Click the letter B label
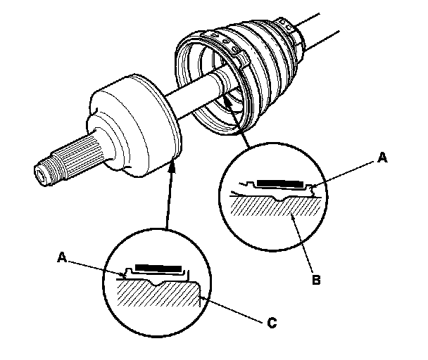point(316,280)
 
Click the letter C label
point(272,323)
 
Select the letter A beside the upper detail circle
point(382,157)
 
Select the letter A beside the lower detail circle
point(62,257)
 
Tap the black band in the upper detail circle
point(280,184)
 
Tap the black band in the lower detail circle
point(158,268)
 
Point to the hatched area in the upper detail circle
point(276,206)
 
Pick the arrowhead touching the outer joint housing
point(172,166)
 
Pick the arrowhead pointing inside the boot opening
point(227,100)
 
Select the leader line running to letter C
point(233,310)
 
